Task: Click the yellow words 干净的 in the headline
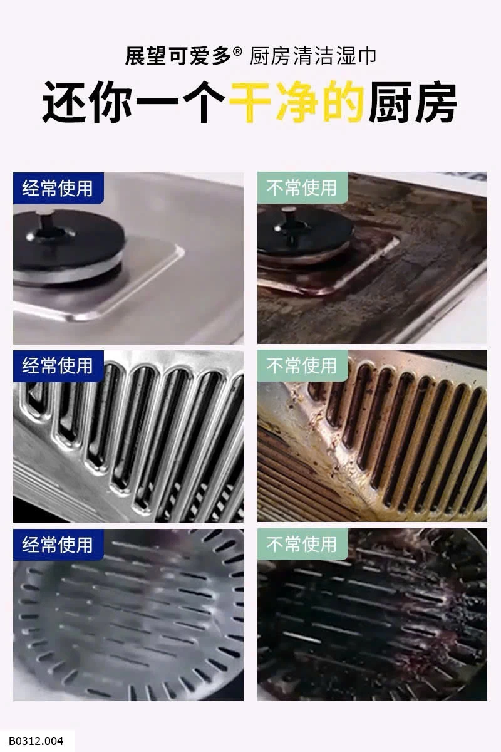pyautogui.click(x=297, y=102)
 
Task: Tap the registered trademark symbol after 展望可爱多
pyautogui.click(x=237, y=51)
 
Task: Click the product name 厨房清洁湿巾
pyautogui.click(x=313, y=56)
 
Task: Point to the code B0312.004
pyautogui.click(x=36, y=741)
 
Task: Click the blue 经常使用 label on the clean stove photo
pyautogui.click(x=58, y=188)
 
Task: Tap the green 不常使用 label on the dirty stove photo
pyautogui.click(x=302, y=187)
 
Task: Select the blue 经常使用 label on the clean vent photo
pyautogui.click(x=58, y=366)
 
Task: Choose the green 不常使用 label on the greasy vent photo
pyautogui.click(x=302, y=365)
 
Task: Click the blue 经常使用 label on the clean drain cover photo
pyautogui.click(x=58, y=545)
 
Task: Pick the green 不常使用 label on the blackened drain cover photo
pyautogui.click(x=302, y=544)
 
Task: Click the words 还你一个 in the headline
pyautogui.click(x=133, y=102)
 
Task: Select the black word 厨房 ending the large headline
pyautogui.click(x=413, y=102)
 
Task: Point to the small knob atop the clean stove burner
pyautogui.click(x=44, y=217)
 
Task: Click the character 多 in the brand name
pyautogui.click(x=221, y=56)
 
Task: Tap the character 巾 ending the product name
pyautogui.click(x=366, y=56)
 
